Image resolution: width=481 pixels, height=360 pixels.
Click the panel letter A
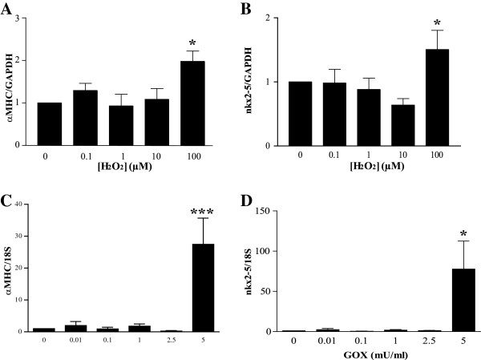[x=7, y=8]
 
